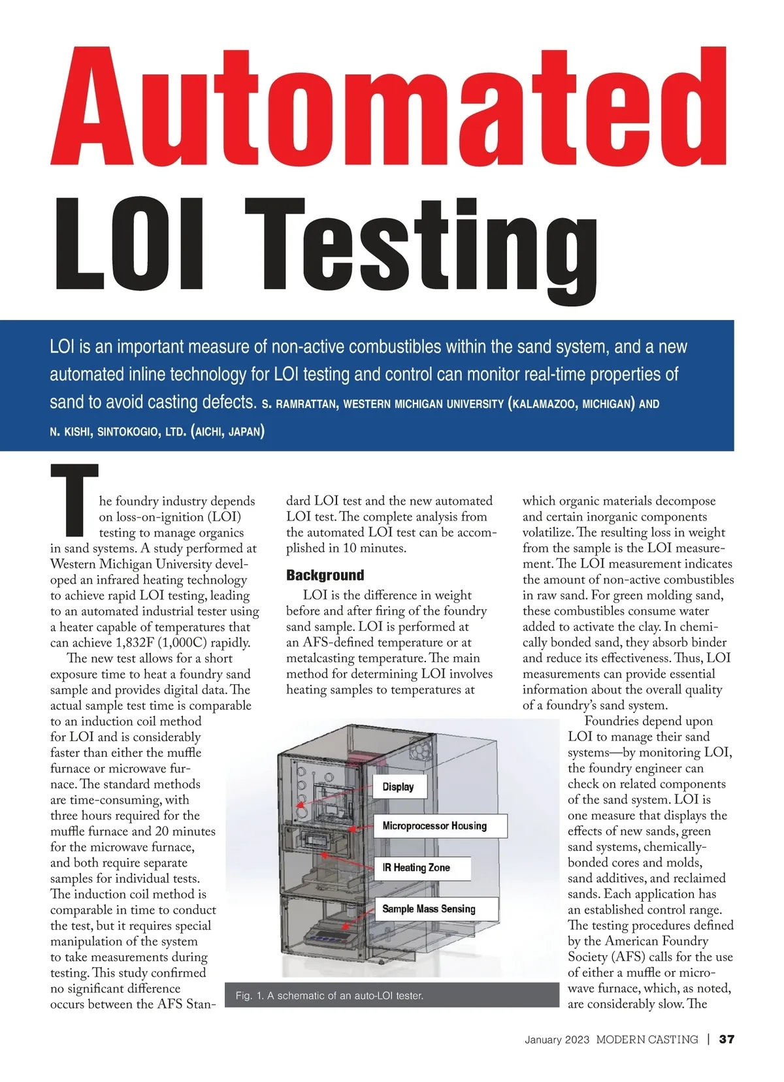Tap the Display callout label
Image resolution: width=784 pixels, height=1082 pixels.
pyautogui.click(x=398, y=787)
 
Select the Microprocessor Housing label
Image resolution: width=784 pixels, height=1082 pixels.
pyautogui.click(x=434, y=826)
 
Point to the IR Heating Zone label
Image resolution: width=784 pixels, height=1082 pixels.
pyautogui.click(x=416, y=868)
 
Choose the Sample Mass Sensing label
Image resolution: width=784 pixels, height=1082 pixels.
pyautogui.click(x=429, y=909)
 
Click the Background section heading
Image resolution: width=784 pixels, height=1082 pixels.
pyautogui.click(x=325, y=575)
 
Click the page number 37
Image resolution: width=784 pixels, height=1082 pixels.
pyautogui.click(x=727, y=1040)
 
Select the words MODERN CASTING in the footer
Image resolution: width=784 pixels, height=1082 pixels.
pyautogui.click(x=647, y=1040)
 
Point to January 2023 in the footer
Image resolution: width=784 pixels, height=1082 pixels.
pyautogui.click(x=557, y=1040)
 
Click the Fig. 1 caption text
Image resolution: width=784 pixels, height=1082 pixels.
pyautogui.click(x=329, y=996)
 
